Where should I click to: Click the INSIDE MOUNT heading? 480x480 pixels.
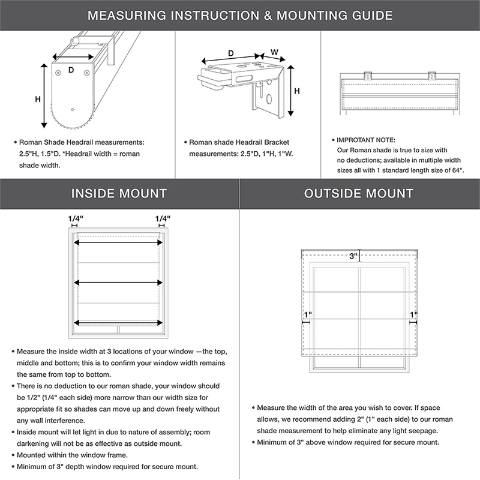click(x=119, y=194)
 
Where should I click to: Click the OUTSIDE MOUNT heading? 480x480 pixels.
click(x=359, y=194)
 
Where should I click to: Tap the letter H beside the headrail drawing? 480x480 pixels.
click(x=37, y=99)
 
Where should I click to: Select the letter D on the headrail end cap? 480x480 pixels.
click(x=71, y=71)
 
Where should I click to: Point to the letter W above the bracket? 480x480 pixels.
click(x=274, y=52)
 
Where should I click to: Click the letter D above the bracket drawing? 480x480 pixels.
click(x=232, y=54)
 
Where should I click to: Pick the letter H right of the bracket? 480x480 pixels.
click(x=296, y=91)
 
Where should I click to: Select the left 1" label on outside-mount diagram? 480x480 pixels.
click(x=308, y=314)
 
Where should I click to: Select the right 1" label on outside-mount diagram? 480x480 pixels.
click(x=413, y=314)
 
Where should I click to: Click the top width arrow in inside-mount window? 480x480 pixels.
click(x=119, y=242)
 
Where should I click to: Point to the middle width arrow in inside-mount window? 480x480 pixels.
click(x=119, y=281)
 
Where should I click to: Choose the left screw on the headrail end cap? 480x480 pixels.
click(x=58, y=73)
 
